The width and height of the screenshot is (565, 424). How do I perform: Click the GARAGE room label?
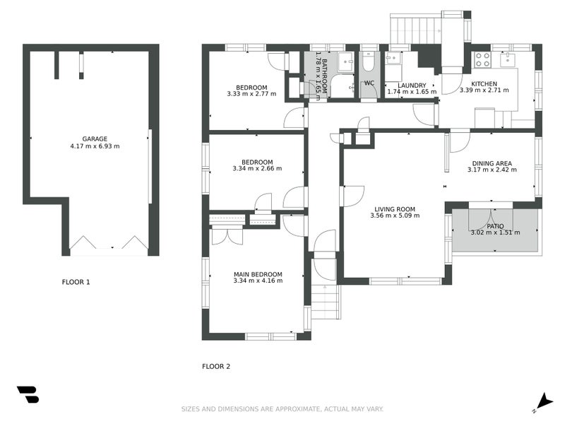point(95,139)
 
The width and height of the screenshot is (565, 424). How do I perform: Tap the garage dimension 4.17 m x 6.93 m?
point(95,146)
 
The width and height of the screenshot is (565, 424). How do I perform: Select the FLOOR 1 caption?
point(76,282)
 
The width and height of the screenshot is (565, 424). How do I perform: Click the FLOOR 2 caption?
point(216,366)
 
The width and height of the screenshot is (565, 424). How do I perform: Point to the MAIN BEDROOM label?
point(258,274)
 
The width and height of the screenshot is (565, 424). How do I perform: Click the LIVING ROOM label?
point(395,209)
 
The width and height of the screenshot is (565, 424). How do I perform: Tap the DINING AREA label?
point(492,163)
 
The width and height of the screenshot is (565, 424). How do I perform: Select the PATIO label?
point(495,226)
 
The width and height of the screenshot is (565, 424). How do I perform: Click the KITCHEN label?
point(484,84)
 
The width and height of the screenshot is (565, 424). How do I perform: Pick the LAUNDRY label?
point(412,86)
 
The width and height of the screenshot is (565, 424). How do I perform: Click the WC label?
point(369,83)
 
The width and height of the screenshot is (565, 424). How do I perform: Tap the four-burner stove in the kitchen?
point(482,59)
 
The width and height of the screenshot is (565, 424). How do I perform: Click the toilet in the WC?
point(368,62)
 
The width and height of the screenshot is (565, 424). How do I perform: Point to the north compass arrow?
point(546,401)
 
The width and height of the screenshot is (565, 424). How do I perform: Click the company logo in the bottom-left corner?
point(28,394)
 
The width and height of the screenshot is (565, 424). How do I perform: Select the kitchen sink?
point(508,59)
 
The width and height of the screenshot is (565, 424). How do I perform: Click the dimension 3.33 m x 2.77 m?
point(251,94)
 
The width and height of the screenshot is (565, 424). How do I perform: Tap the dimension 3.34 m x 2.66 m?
point(257,168)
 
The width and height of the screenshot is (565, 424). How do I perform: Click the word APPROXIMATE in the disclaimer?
point(297,409)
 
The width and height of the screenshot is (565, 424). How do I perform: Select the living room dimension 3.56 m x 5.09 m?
point(395,216)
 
